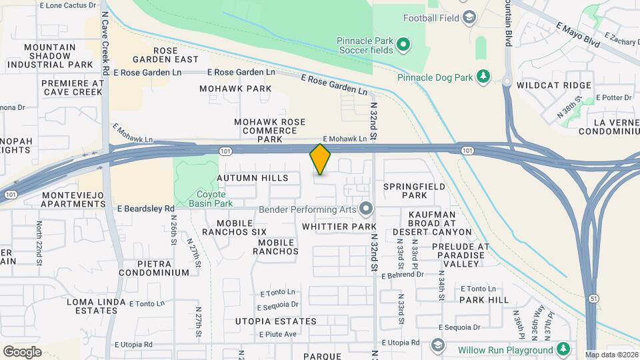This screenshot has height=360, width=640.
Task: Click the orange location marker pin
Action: coord(320,159)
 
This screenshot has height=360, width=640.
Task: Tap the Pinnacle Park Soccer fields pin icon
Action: coord(403,45)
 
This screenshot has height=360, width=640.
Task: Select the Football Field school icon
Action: coord(469,17)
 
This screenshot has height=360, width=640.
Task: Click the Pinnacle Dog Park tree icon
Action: coord(483,77)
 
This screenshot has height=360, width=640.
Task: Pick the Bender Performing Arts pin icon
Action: coord(365,210)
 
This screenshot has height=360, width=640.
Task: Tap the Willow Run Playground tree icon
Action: coord(563,349)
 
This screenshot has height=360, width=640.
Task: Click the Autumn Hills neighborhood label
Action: coord(253,178)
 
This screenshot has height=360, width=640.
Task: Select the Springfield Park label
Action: coord(414,191)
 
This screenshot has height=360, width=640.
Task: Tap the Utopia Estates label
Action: coord(275,321)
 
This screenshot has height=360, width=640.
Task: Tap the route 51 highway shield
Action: coord(593,299)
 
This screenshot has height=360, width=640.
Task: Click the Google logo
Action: coord(22,352)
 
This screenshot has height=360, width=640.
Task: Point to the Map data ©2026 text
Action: coord(611,355)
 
